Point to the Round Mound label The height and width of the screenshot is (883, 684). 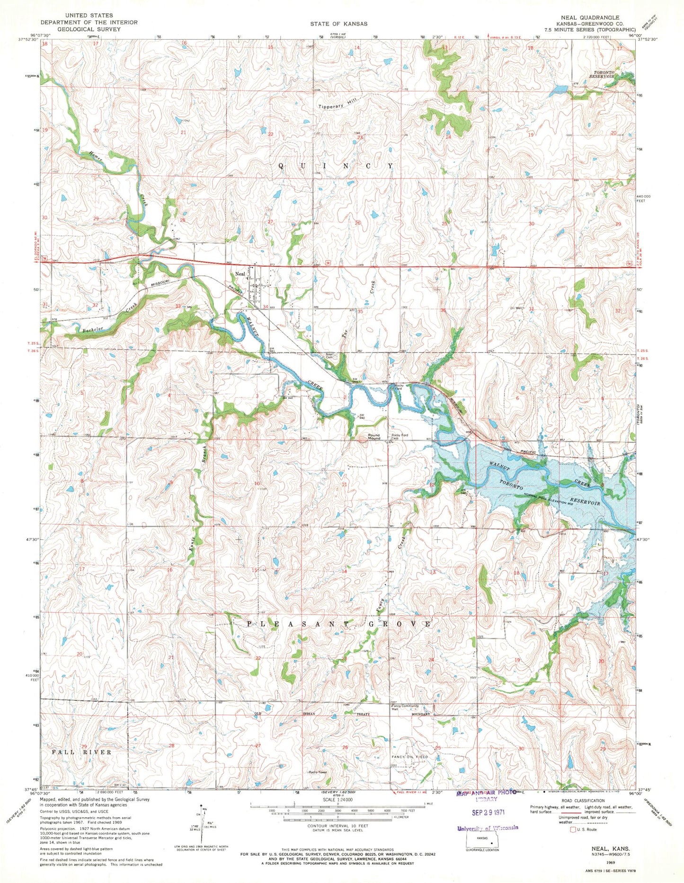(x=371, y=437)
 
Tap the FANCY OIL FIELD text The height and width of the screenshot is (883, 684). (x=409, y=757)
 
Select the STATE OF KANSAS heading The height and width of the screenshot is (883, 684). (x=338, y=23)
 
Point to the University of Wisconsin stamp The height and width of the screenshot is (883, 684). (x=488, y=828)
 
